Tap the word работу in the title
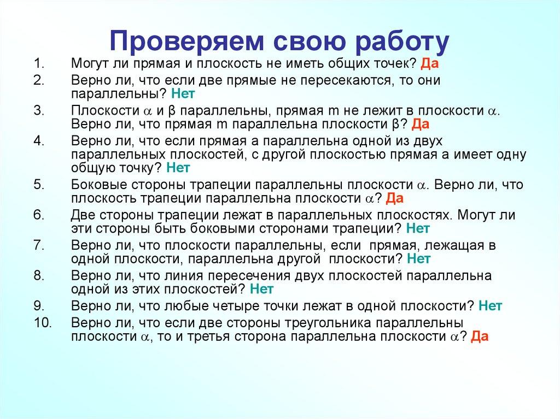(x=395, y=42)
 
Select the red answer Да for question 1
(x=430, y=64)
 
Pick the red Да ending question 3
(x=421, y=123)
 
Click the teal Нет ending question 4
(x=178, y=168)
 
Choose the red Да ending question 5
(x=395, y=198)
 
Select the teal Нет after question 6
(x=418, y=227)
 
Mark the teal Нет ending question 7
(x=419, y=257)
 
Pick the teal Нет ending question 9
(x=490, y=305)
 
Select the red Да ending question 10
(x=479, y=337)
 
